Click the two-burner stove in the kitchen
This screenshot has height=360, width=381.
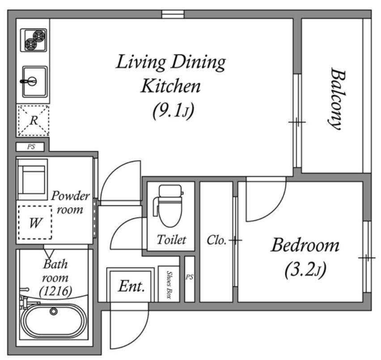[x=34, y=40]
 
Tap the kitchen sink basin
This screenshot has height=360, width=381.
[x=35, y=82]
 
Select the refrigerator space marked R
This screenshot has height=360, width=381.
[x=34, y=120]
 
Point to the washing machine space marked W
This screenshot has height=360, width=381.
[x=35, y=223]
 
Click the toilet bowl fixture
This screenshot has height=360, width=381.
[x=170, y=206]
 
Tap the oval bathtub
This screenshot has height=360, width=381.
[x=54, y=321]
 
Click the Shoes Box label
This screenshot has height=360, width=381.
[x=169, y=285]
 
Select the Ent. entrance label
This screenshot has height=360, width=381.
[x=131, y=286]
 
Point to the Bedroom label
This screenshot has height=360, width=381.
[x=305, y=245]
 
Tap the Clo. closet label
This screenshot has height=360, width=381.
[x=216, y=240]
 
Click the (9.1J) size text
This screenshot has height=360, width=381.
[x=174, y=111]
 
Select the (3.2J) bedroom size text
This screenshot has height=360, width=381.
[x=305, y=270]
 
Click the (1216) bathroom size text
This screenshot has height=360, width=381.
[x=55, y=291]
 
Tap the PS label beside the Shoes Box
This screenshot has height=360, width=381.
[x=190, y=277]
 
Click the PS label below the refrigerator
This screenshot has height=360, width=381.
[x=31, y=147]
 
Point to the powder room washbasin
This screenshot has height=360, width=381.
[x=32, y=180]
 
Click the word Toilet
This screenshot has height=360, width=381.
[x=172, y=240]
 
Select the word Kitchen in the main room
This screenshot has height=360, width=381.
[x=171, y=86]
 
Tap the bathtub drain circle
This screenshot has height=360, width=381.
[x=54, y=311]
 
